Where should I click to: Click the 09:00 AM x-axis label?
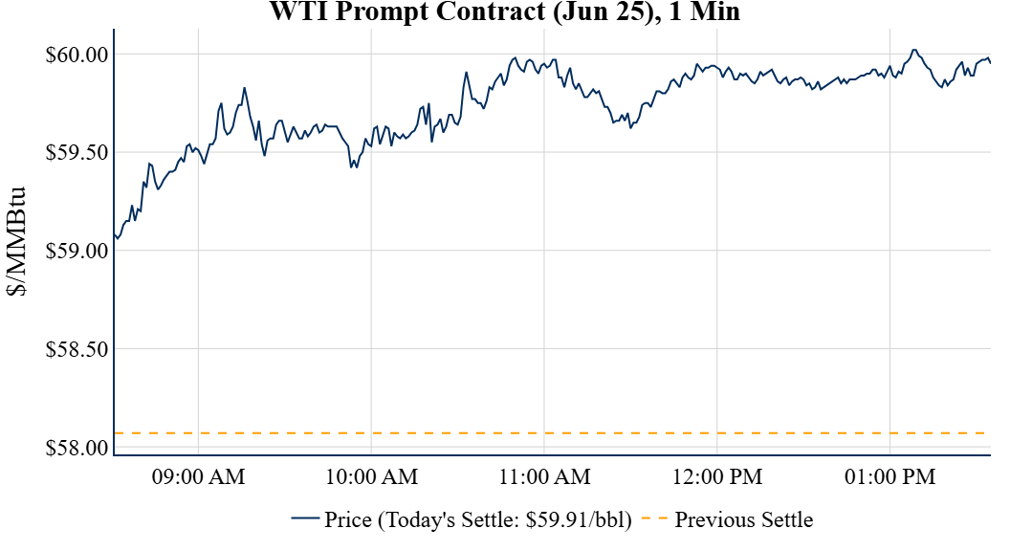[198, 476]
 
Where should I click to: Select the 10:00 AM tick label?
[371, 476]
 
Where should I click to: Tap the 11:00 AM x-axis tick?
[544, 476]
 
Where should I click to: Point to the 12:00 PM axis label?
[717, 476]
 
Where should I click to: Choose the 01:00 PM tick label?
[889, 476]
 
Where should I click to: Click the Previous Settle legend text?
[743, 520]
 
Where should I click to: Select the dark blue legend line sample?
[305, 520]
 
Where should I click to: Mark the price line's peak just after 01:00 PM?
[913, 50]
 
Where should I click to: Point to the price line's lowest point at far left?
[117, 237]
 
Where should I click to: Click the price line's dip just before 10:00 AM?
[353, 167]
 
